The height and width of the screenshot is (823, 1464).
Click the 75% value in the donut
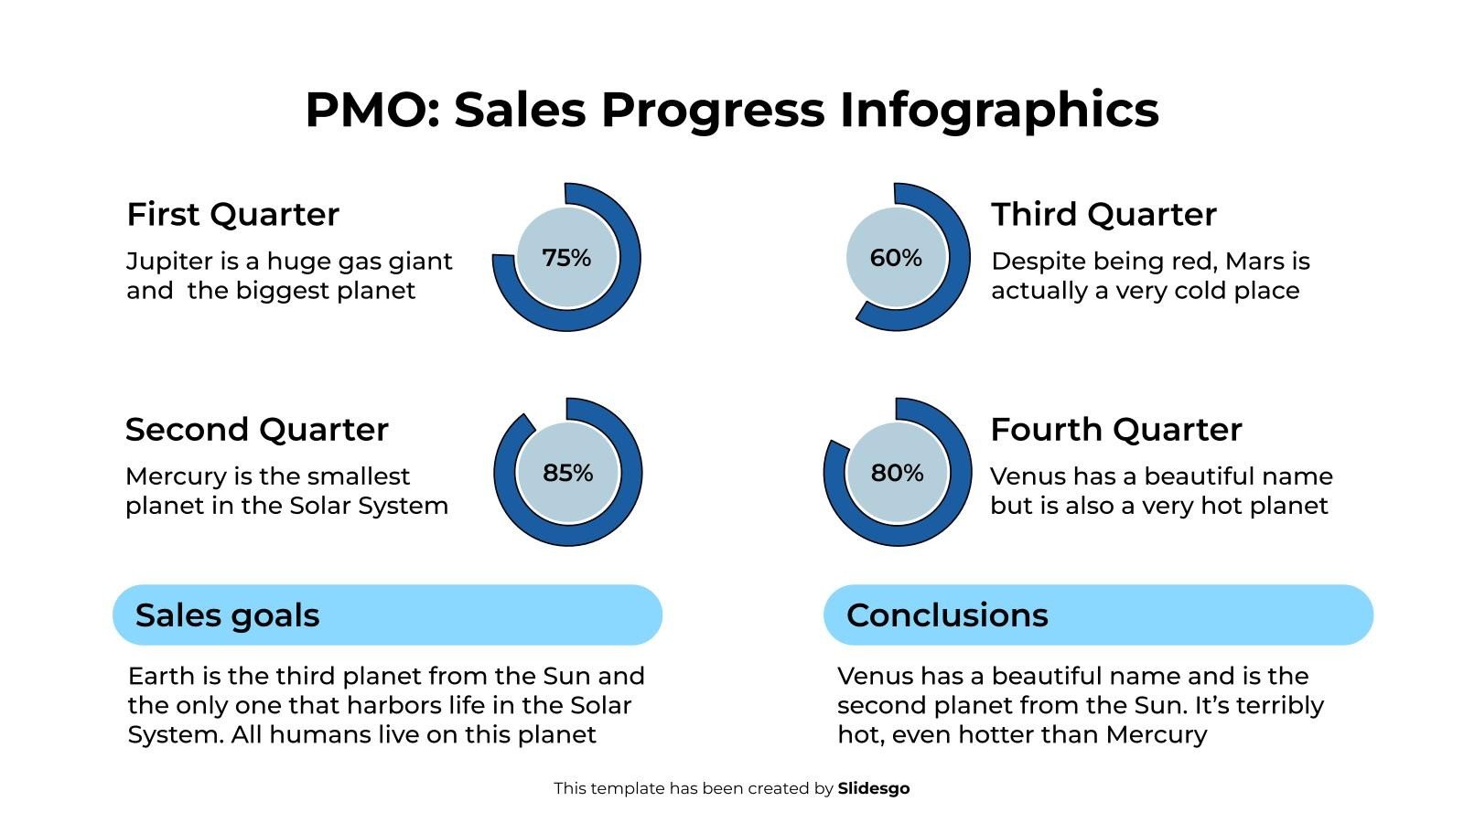tap(566, 258)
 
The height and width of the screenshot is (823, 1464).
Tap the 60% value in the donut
tap(896, 258)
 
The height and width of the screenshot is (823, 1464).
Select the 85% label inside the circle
tap(567, 473)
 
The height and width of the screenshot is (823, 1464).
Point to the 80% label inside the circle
tap(897, 473)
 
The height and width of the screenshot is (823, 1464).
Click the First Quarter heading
tap(232, 214)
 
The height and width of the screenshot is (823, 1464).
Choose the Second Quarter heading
tap(256, 429)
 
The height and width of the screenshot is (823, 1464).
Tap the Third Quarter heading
tap(1103, 214)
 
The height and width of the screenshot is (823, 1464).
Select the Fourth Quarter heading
tap(1115, 429)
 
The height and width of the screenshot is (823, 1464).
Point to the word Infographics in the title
tap(999, 110)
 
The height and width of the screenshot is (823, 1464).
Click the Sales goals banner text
tap(227, 615)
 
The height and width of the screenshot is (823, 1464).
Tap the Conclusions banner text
tap(947, 615)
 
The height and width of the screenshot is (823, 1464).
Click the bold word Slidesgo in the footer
tap(873, 788)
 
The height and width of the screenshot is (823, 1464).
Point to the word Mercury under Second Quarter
tap(175, 476)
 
